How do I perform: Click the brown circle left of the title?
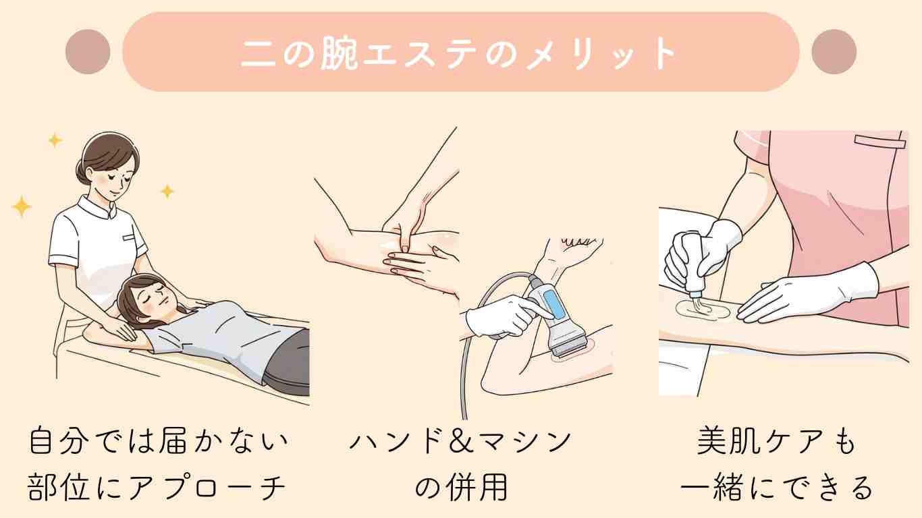tap(88, 52)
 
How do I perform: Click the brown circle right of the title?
tap(834, 52)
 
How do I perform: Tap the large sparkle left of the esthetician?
tap(22, 206)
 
